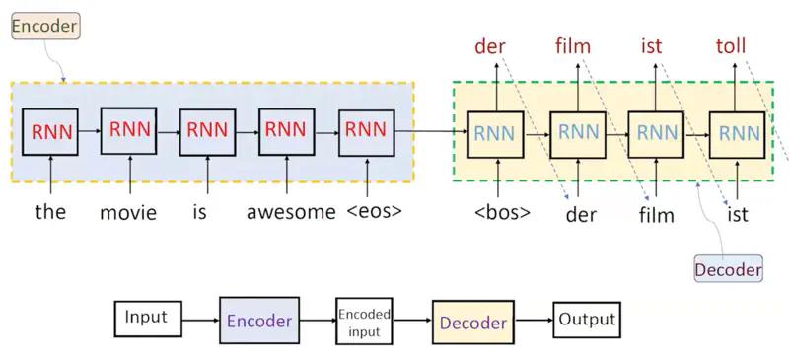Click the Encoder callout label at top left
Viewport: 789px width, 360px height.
click(43, 27)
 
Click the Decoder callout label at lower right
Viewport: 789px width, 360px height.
click(729, 269)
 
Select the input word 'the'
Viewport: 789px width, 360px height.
click(49, 210)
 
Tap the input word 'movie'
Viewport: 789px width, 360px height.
click(128, 212)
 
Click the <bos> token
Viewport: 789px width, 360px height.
click(502, 211)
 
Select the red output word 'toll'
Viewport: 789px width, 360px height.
click(731, 46)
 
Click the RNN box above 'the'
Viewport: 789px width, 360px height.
click(49, 131)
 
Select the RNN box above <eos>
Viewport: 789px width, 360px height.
click(366, 131)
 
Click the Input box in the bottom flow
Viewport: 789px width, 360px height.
click(146, 320)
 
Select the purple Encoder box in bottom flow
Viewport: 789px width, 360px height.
click(258, 322)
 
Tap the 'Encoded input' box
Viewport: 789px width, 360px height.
click(364, 322)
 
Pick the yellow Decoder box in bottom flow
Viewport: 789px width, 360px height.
click(472, 322)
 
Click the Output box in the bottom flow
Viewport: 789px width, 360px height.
click(587, 320)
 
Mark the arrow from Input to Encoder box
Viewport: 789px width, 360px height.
click(198, 322)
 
